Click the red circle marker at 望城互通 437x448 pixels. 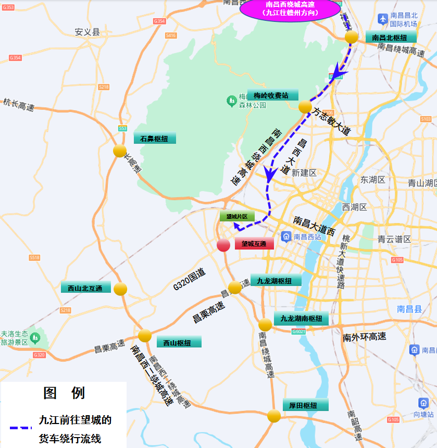[x=223, y=245]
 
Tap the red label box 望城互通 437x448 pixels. [x=254, y=244]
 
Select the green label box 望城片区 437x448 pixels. [x=237, y=216]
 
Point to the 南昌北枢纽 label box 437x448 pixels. [x=391, y=37]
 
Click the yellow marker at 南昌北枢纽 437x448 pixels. [x=352, y=37]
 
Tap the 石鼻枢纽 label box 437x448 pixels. [x=155, y=139]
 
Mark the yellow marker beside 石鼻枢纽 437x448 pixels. [x=120, y=151]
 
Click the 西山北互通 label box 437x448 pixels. [x=85, y=288]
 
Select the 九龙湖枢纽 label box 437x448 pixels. [x=276, y=281]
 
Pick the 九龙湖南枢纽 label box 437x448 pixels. [x=301, y=318]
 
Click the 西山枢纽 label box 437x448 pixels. [x=179, y=342]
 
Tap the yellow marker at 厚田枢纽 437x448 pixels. [x=274, y=416]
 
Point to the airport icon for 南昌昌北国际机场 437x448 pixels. [x=383, y=19]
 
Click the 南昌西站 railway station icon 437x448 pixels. [x=286, y=237]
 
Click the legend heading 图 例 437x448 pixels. [x=64, y=393]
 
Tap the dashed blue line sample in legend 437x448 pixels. [x=21, y=428]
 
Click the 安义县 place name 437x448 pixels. [x=87, y=32]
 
